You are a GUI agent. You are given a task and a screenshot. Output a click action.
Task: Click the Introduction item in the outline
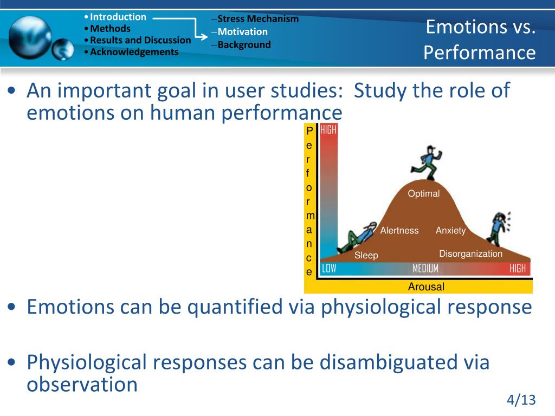click(118, 17)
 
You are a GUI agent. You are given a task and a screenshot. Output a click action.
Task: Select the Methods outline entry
click(110, 29)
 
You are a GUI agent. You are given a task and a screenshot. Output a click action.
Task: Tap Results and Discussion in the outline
click(140, 40)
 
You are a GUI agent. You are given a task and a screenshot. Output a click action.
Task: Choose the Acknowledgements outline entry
click(134, 52)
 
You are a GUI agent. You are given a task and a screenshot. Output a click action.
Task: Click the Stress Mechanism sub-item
click(258, 19)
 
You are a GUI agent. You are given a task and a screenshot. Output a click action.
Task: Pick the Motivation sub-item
click(242, 32)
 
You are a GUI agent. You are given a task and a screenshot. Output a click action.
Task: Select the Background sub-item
click(244, 45)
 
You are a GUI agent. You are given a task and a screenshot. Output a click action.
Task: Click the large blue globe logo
click(30, 38)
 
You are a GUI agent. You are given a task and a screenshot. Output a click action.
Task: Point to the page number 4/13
click(521, 400)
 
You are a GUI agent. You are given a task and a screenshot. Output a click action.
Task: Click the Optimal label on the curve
click(424, 193)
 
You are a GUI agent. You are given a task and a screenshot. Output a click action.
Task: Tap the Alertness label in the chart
click(399, 231)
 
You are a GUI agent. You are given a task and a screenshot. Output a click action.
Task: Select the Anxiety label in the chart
click(450, 231)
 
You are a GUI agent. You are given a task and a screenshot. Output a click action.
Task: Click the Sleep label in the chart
click(366, 256)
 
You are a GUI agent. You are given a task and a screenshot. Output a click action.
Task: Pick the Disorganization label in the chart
click(471, 253)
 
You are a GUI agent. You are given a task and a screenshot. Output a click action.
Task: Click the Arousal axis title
click(426, 287)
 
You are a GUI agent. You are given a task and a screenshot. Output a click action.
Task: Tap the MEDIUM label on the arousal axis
click(425, 269)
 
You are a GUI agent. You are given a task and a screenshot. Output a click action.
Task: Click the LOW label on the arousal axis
click(329, 269)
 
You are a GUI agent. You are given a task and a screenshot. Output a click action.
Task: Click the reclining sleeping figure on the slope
click(356, 237)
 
